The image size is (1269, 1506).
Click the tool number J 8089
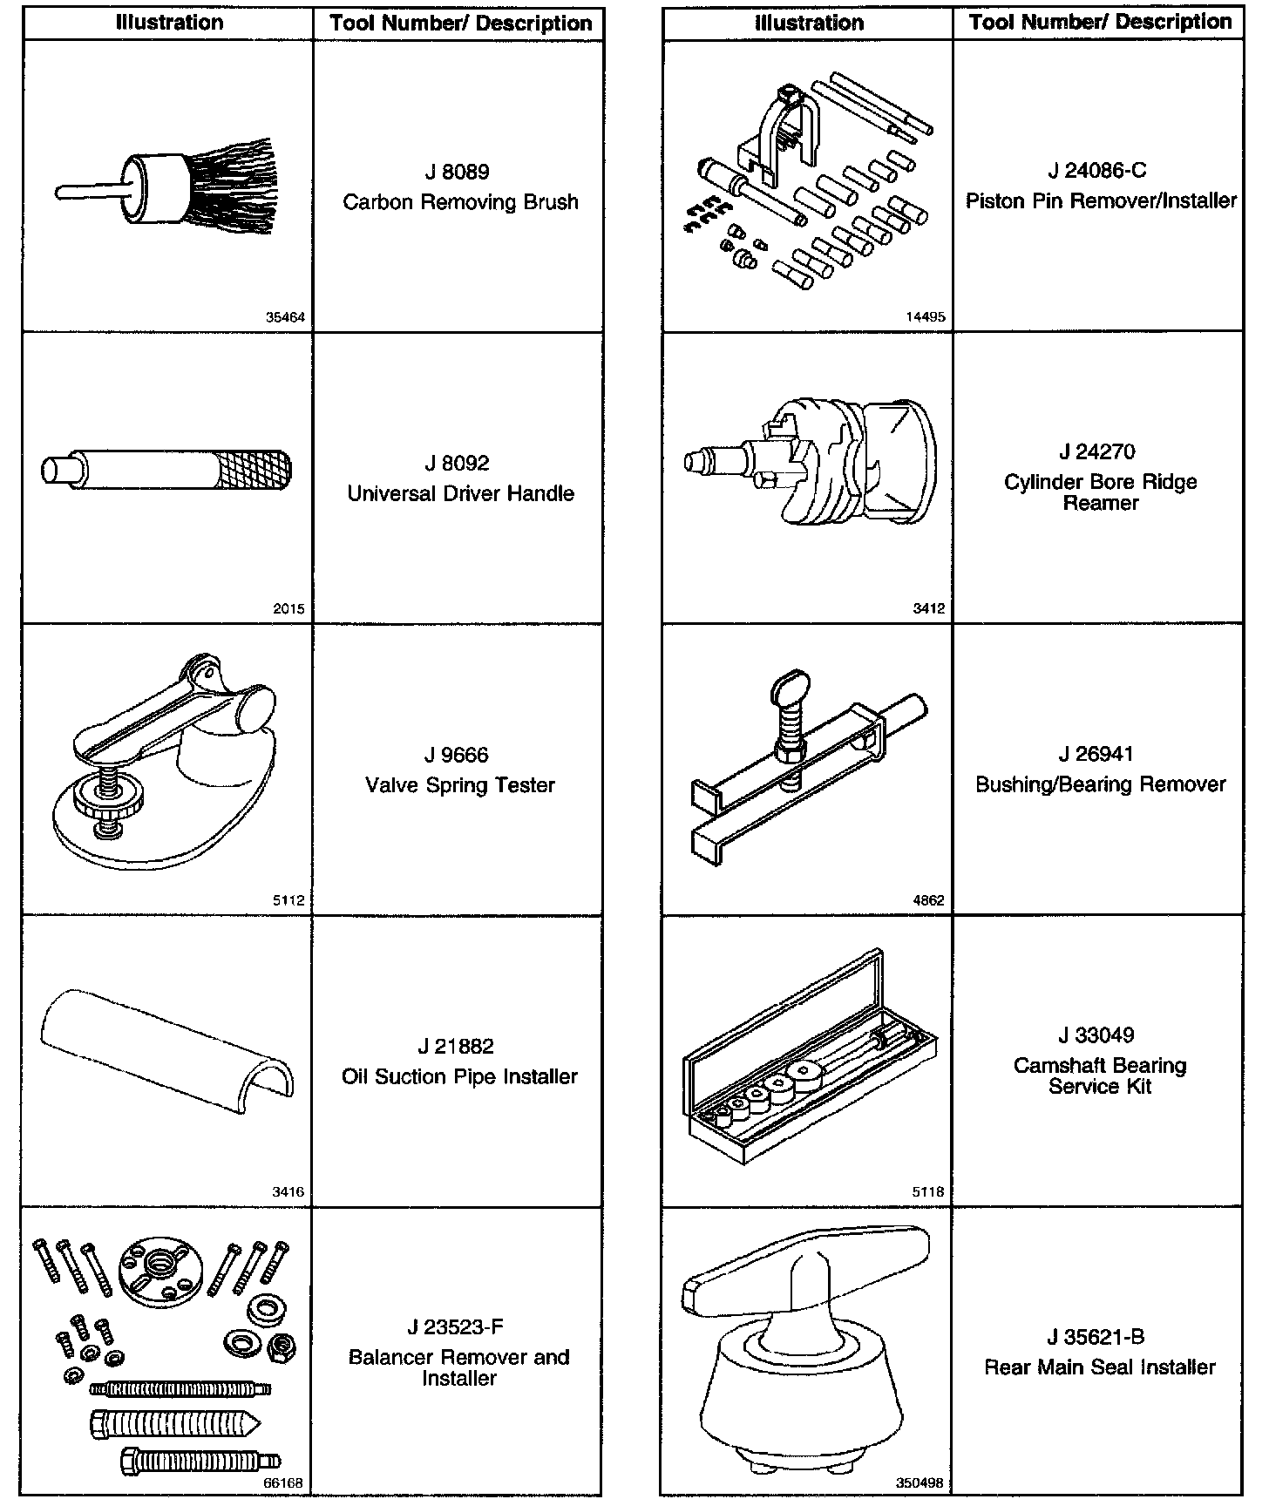[x=459, y=172]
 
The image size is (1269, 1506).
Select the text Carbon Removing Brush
[x=460, y=202]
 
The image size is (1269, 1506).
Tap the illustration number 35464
[x=285, y=317]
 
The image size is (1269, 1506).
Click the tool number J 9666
[x=459, y=755]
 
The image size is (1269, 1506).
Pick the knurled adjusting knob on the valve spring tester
[x=107, y=795]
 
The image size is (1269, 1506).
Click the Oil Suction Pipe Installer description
[x=459, y=1076]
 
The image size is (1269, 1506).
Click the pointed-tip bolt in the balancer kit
[x=174, y=1423]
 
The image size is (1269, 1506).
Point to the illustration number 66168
[x=284, y=1482]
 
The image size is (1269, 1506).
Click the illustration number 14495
[x=925, y=317]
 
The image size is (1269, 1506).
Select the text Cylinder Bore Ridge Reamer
[x=1100, y=492]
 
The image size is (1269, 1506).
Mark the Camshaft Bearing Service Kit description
[x=1100, y=1075]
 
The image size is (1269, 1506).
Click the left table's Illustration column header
[x=169, y=23]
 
